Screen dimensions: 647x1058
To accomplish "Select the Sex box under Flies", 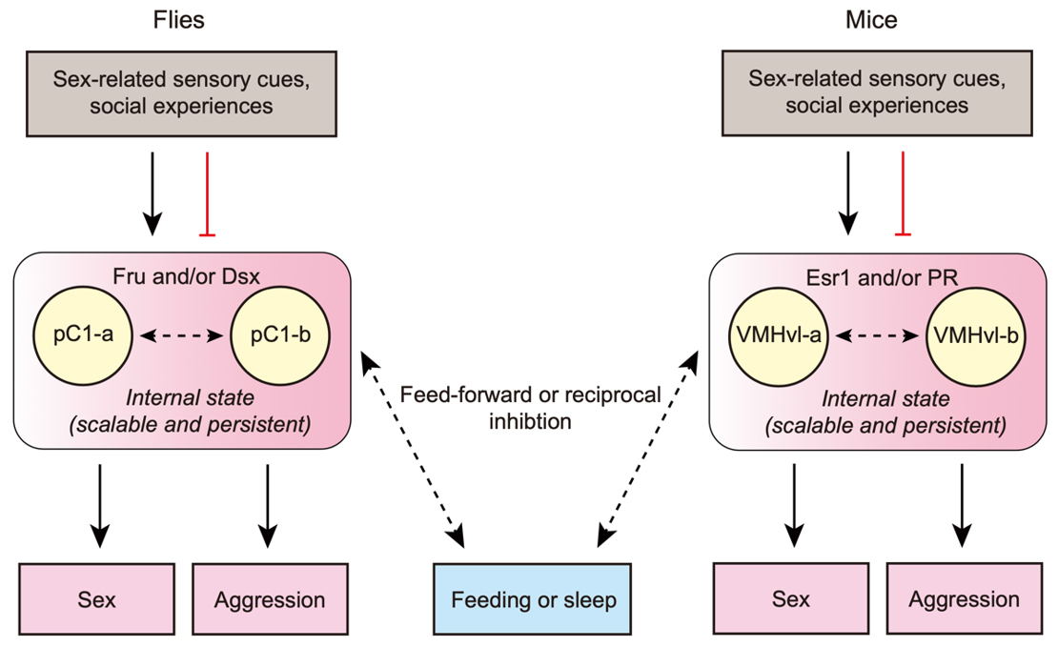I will pyautogui.click(x=96, y=600).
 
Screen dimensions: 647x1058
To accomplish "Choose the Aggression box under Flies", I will pyautogui.click(x=270, y=600).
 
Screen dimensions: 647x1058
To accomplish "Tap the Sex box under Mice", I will pyautogui.click(x=791, y=599).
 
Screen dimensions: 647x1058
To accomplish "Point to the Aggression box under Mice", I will pyautogui.click(x=964, y=599).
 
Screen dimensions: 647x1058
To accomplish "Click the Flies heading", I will pyautogui.click(x=181, y=20).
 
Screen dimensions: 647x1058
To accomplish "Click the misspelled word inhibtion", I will pyautogui.click(x=530, y=420).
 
